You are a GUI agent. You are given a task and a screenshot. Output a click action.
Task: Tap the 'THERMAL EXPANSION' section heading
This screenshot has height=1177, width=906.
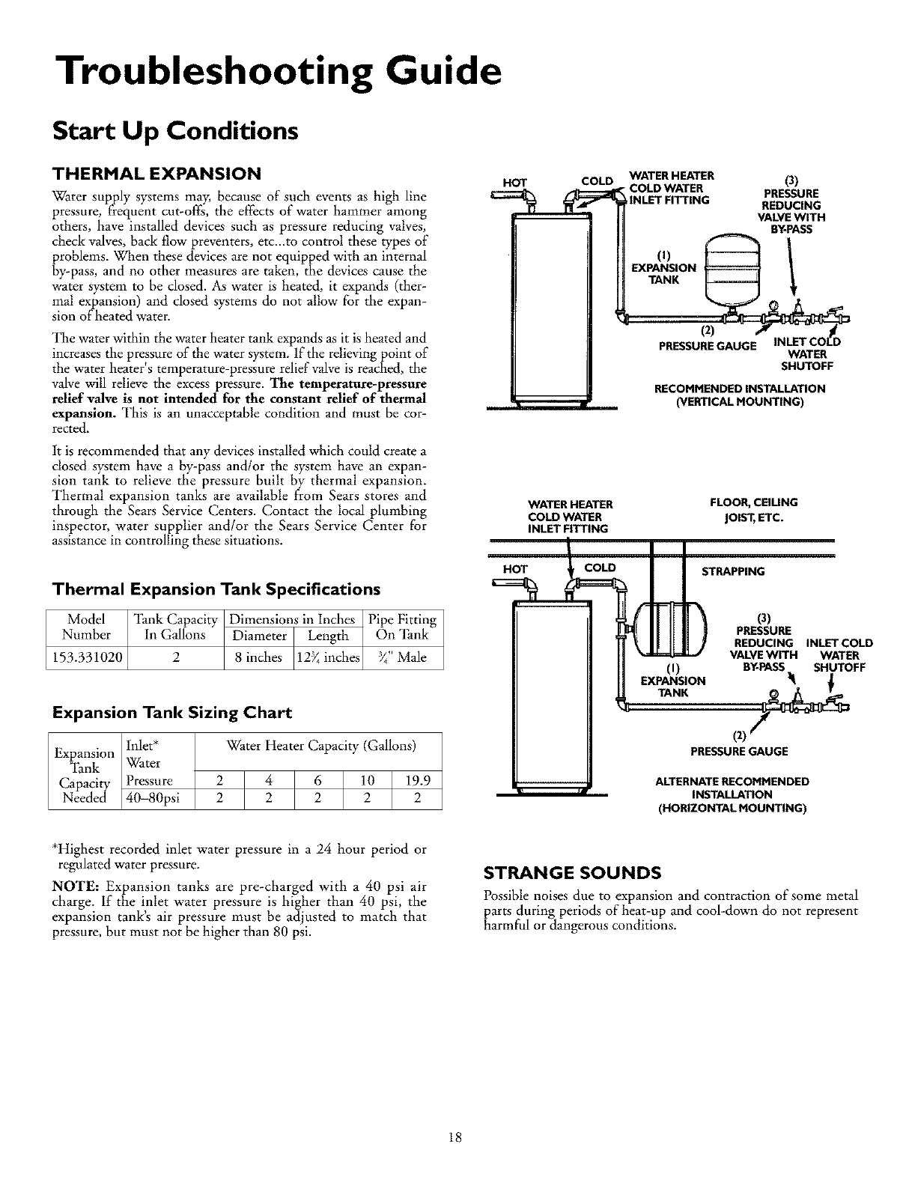tap(156, 174)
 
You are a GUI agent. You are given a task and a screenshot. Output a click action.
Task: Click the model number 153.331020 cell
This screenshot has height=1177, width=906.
tap(88, 657)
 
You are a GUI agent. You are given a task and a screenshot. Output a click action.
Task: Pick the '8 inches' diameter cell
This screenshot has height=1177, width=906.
tap(258, 657)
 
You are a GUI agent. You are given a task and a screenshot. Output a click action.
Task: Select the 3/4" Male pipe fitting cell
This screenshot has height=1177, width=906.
tap(402, 657)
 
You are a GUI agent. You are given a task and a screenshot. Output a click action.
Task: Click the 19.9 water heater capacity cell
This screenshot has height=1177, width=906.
tap(417, 779)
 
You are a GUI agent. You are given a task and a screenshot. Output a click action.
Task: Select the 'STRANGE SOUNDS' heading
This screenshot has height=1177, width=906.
tap(573, 872)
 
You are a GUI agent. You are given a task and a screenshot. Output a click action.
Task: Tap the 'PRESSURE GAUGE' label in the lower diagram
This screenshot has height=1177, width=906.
tap(738, 751)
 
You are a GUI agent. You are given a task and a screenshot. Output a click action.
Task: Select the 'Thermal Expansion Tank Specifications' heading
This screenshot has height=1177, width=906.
tap(216, 588)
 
